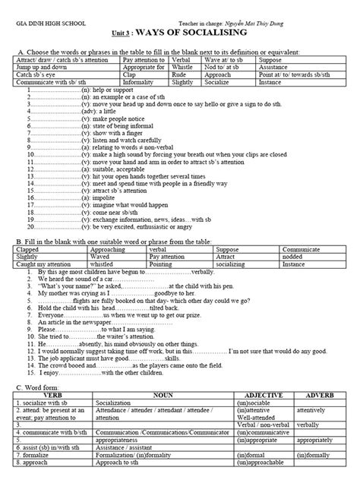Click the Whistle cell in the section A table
(x=184, y=66)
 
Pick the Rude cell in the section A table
(x=180, y=74)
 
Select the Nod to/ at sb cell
(x=226, y=66)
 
